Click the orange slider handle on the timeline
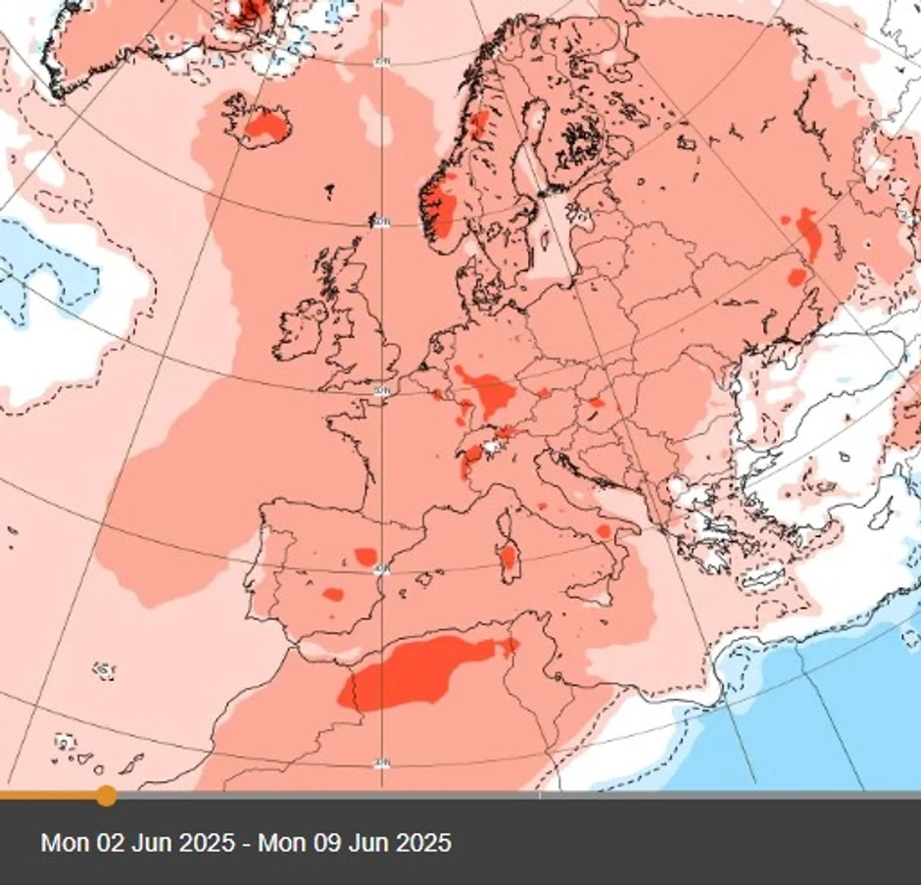106,795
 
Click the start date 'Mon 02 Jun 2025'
137,843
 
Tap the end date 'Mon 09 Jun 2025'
355,843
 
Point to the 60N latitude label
381,223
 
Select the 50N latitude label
381,391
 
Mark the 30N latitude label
381,762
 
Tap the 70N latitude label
381,63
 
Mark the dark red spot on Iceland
265,124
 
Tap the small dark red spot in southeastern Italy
604,530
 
